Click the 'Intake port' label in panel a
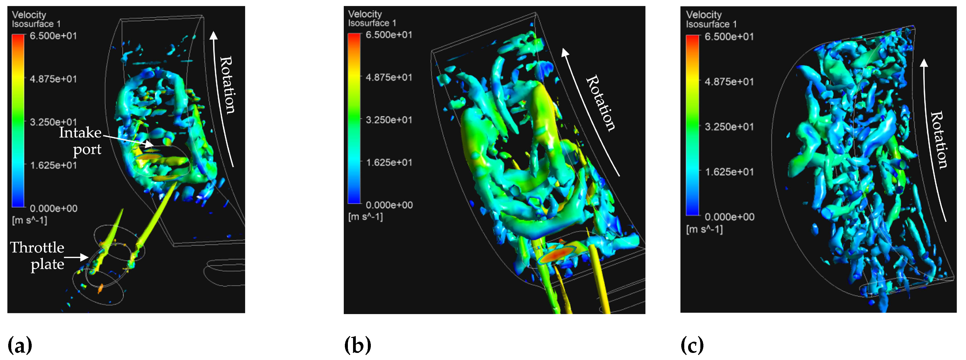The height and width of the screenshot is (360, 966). coord(80,141)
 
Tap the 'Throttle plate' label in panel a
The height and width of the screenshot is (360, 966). coord(37,256)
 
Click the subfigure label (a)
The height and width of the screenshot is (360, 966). coord(19,345)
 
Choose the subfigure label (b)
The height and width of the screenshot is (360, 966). coord(357,345)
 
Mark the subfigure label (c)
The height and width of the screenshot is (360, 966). coord(692,345)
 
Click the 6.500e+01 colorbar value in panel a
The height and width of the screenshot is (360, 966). coord(53,36)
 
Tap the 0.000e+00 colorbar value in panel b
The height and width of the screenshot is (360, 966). coord(389,205)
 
